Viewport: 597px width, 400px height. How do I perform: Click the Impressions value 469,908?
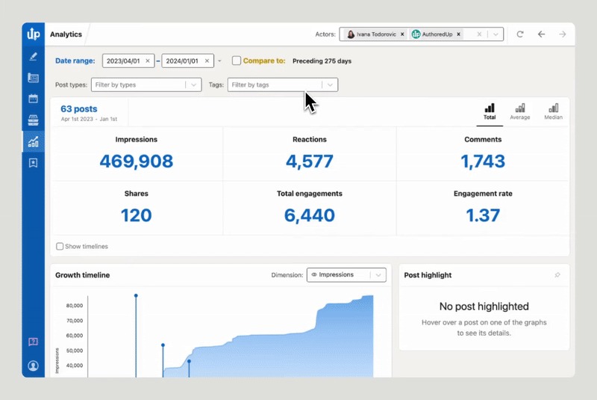[x=136, y=161]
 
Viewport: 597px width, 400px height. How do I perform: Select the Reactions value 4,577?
[x=309, y=161]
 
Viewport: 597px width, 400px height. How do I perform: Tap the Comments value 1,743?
[x=482, y=161]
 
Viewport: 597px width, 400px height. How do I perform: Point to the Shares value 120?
[x=136, y=215]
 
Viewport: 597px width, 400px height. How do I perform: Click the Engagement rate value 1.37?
[x=482, y=215]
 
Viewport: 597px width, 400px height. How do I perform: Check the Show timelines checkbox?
[x=60, y=246]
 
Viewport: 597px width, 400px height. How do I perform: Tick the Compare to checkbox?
[x=237, y=61]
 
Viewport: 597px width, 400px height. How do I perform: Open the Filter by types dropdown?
[x=146, y=85]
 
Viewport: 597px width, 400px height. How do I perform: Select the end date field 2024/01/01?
[x=182, y=61]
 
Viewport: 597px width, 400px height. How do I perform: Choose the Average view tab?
[x=519, y=112]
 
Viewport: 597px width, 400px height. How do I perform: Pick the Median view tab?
[x=553, y=112]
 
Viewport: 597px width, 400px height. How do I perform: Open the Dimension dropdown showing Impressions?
[x=346, y=275]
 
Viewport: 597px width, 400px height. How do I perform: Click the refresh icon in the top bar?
[x=520, y=34]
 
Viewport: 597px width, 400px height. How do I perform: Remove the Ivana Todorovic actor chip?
[x=402, y=34]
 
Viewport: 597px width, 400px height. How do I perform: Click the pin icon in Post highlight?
[x=557, y=275]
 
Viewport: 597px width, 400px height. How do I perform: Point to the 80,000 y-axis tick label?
[x=74, y=306]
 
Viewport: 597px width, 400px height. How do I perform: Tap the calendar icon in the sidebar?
[x=33, y=99]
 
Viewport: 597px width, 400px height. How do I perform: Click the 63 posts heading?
[x=79, y=109]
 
